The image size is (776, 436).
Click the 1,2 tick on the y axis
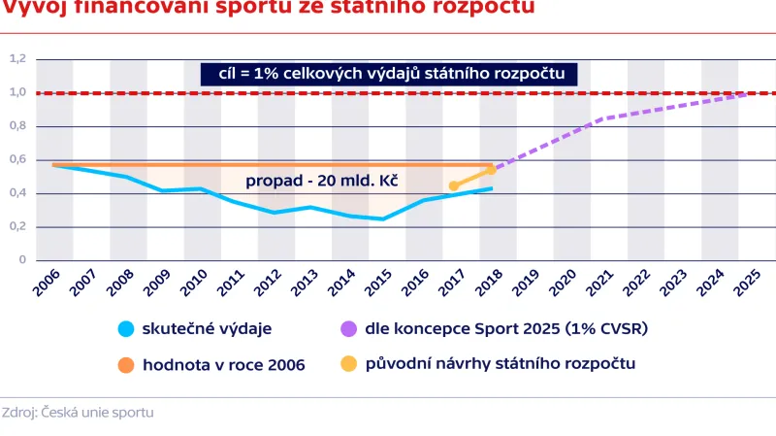[16, 59]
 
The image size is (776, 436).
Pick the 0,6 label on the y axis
[16, 160]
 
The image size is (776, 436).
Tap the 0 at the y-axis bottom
[21, 260]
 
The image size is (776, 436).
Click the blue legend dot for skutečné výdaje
[123, 329]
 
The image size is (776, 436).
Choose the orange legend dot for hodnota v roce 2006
[123, 365]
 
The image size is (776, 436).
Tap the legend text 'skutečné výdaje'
[205, 329]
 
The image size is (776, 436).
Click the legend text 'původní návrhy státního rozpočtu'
[501, 365]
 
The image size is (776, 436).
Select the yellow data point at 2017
[454, 185]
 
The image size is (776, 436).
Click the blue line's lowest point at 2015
[382, 218]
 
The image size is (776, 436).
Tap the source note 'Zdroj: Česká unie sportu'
[78, 412]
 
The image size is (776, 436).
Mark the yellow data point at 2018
[491, 170]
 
